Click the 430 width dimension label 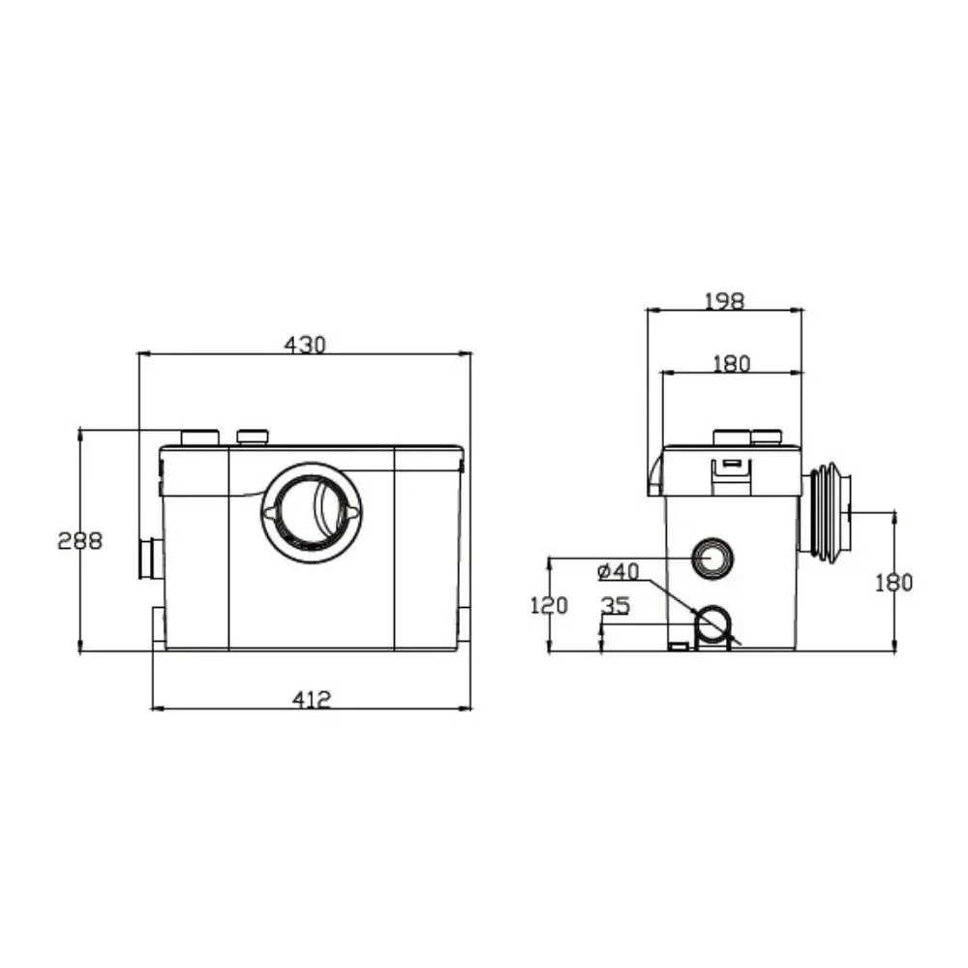pos(304,345)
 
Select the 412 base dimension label pos(312,700)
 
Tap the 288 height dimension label pos(79,541)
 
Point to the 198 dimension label pos(725,301)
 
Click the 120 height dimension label pos(549,606)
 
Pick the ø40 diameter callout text pos(619,572)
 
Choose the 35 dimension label pos(616,606)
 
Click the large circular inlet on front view pos(313,512)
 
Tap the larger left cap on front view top pos(200,438)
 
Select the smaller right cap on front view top pos(253,438)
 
